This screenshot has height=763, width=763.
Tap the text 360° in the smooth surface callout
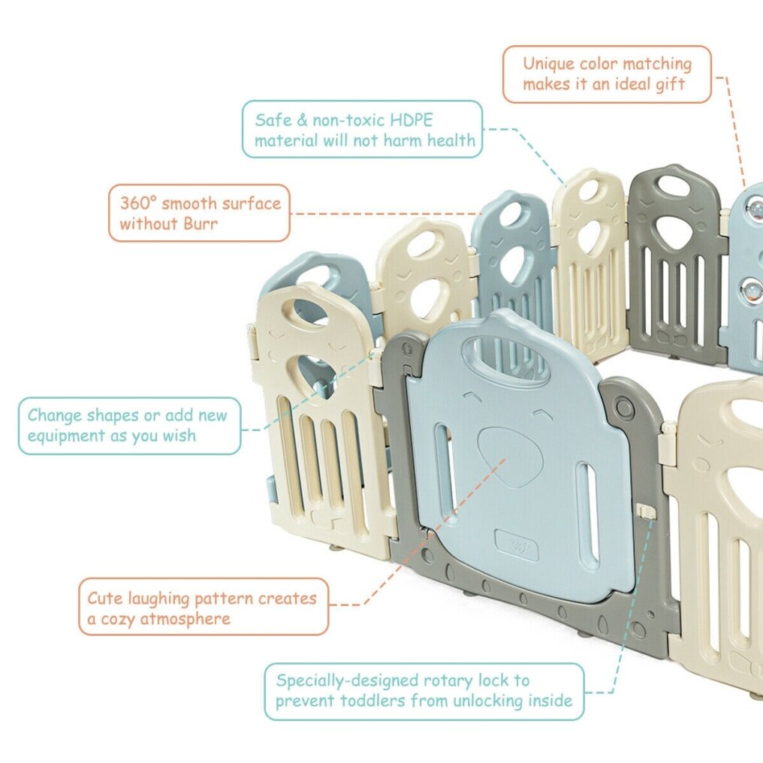138,203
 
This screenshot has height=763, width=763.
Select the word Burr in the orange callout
201,223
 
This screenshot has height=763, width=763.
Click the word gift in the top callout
670,84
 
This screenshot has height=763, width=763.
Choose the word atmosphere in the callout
185,619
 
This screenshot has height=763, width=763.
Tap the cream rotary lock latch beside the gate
645,511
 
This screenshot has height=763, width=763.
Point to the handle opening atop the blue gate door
506,357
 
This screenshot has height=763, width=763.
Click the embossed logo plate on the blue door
516,546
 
